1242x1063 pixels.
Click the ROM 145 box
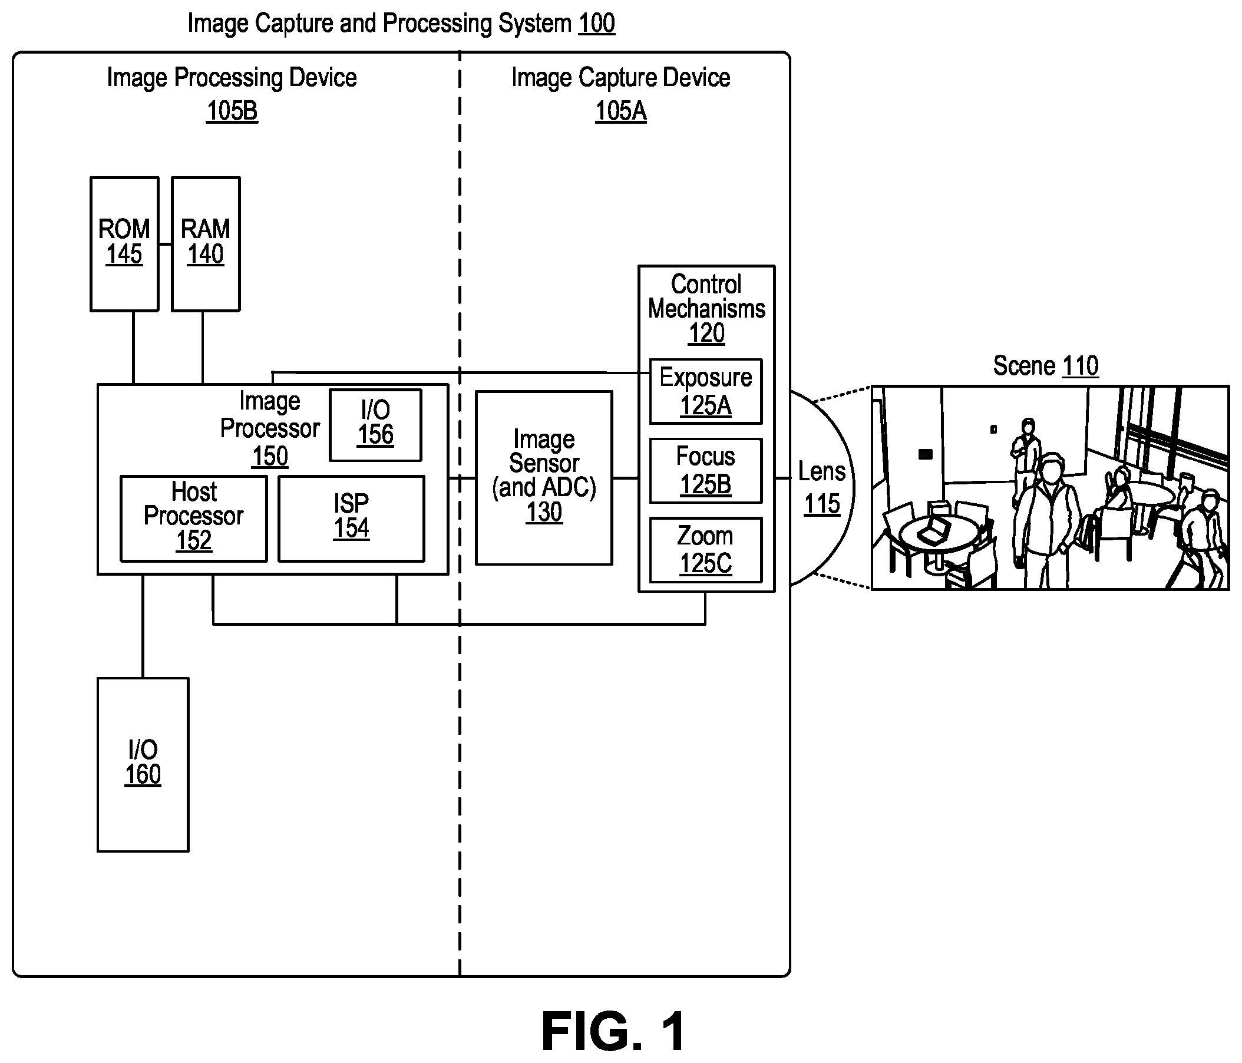point(124,244)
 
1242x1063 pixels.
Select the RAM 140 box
point(206,244)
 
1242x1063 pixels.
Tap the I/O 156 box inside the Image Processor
point(376,425)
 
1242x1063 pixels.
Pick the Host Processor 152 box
point(194,519)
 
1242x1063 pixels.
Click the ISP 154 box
point(351,519)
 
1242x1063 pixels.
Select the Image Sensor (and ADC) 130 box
point(544,478)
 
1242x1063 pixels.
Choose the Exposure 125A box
point(705,391)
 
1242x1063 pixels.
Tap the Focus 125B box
point(705,471)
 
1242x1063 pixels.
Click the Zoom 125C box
point(705,550)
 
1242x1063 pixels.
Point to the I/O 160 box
point(143,764)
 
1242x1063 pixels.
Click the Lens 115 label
point(822,487)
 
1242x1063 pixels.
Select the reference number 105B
point(232,111)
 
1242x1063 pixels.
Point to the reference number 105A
point(621,111)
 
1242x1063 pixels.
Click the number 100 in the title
point(596,24)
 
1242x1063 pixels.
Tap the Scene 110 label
point(1045,366)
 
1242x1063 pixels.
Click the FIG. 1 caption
point(614,1031)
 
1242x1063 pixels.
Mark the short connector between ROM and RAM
point(166,244)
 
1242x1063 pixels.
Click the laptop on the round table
point(934,530)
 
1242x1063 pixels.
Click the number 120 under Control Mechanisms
point(706,334)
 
